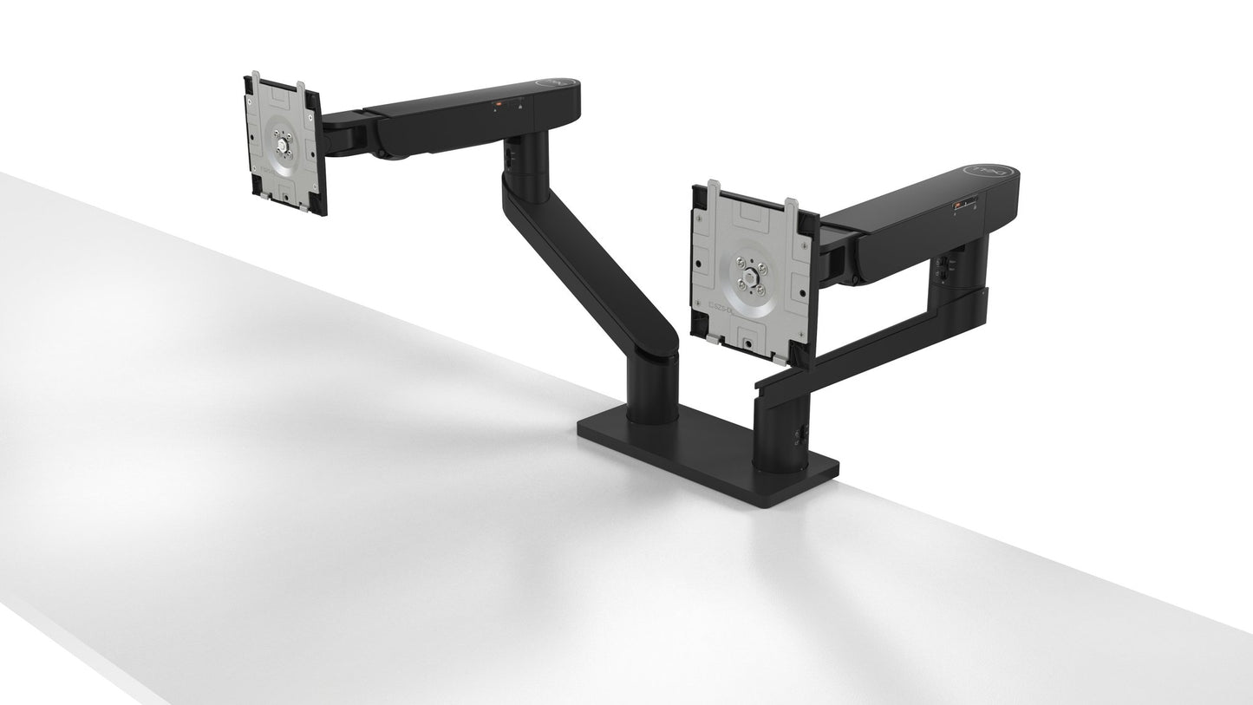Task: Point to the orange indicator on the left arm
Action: coord(498,102)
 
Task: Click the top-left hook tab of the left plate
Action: coord(254,81)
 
